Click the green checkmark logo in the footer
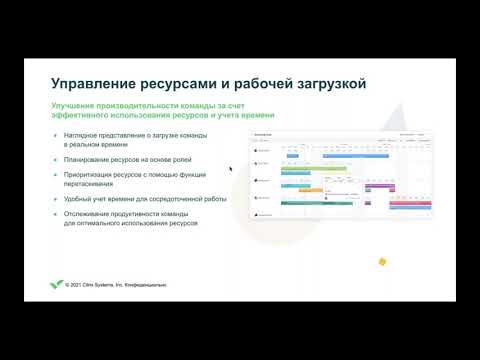pos(56,283)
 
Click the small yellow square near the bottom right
pos(382,262)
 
